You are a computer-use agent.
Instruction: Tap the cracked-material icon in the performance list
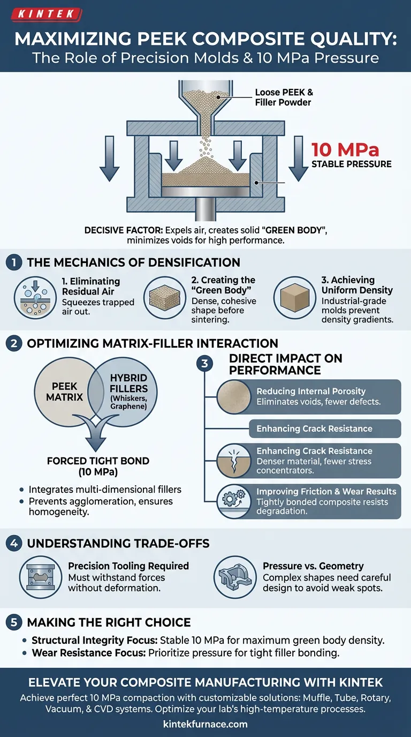point(233,461)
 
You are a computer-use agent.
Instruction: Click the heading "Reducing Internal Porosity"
point(311,392)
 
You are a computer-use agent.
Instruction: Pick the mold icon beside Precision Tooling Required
point(41,576)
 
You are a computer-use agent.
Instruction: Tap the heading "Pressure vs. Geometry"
point(313,566)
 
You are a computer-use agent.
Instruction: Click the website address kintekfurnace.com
point(205,724)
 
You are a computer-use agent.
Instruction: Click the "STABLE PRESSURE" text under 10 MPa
point(351,163)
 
